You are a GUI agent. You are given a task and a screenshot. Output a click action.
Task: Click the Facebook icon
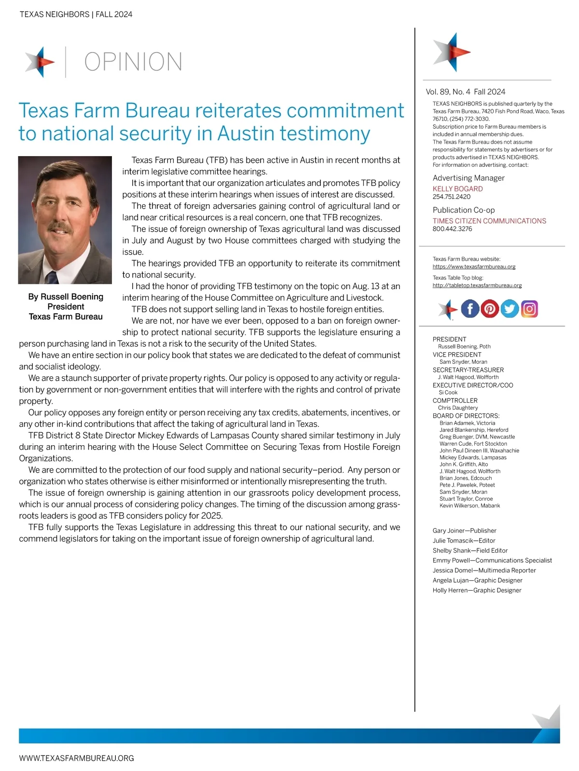[470, 309]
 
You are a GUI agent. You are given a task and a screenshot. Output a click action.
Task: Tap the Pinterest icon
[490, 309]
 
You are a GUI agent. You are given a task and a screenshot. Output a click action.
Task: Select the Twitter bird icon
[510, 309]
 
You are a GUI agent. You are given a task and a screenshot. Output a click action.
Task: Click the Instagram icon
[529, 309]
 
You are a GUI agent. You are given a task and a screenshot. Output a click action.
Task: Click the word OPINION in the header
[133, 62]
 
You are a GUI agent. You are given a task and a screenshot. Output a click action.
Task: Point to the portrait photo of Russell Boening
[65, 220]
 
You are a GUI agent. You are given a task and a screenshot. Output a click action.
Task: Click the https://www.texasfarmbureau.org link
[474, 267]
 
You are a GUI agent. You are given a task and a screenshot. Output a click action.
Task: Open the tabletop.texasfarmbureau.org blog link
[477, 285]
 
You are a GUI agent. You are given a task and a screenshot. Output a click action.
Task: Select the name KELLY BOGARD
[457, 189]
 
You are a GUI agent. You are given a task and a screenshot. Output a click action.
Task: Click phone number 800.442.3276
[452, 229]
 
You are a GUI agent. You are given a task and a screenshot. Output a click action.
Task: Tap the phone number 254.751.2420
[451, 197]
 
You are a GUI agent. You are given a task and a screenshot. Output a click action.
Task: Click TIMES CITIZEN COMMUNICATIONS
[489, 221]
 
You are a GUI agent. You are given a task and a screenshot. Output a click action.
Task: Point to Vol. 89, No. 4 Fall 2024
[465, 92]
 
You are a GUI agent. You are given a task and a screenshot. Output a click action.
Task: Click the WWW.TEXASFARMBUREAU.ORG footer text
[76, 758]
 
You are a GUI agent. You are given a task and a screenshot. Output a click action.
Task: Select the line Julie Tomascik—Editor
[464, 541]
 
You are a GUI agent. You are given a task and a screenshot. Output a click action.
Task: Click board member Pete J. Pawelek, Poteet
[467, 485]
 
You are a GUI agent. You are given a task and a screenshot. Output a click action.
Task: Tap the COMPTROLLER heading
[455, 400]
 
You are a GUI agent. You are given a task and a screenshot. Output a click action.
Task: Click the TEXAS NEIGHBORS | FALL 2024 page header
[76, 14]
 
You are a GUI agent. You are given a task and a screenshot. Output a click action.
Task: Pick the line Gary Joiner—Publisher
[464, 531]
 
